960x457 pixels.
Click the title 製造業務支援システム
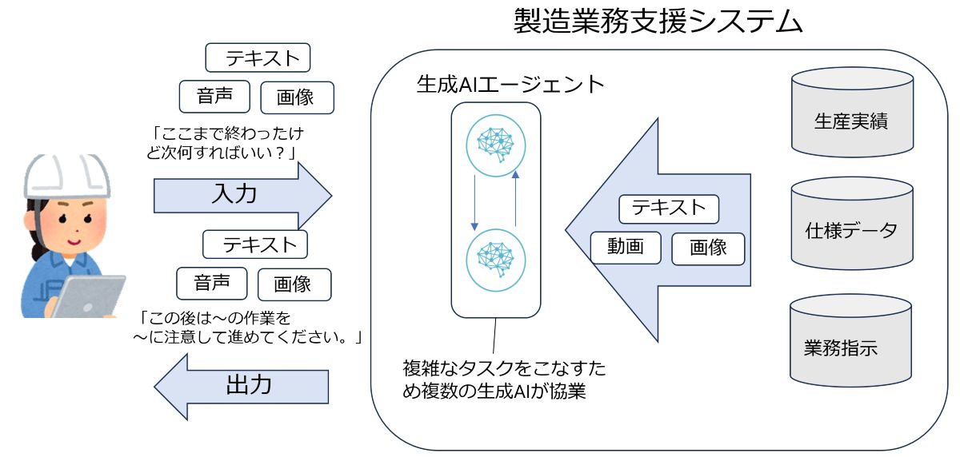coord(658,22)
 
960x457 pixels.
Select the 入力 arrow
coord(240,195)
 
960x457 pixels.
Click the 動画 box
coord(626,248)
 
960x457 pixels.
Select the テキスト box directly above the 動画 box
coord(669,209)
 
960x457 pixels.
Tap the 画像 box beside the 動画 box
coord(707,248)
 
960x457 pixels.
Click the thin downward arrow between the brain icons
coord(474,199)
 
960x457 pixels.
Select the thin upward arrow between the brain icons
coord(516,197)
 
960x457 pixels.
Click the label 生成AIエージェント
coord(510,84)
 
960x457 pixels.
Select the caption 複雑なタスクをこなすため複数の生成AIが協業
coord(503,380)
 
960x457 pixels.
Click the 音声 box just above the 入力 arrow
coord(214,97)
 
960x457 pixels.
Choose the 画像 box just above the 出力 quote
coord(294,284)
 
